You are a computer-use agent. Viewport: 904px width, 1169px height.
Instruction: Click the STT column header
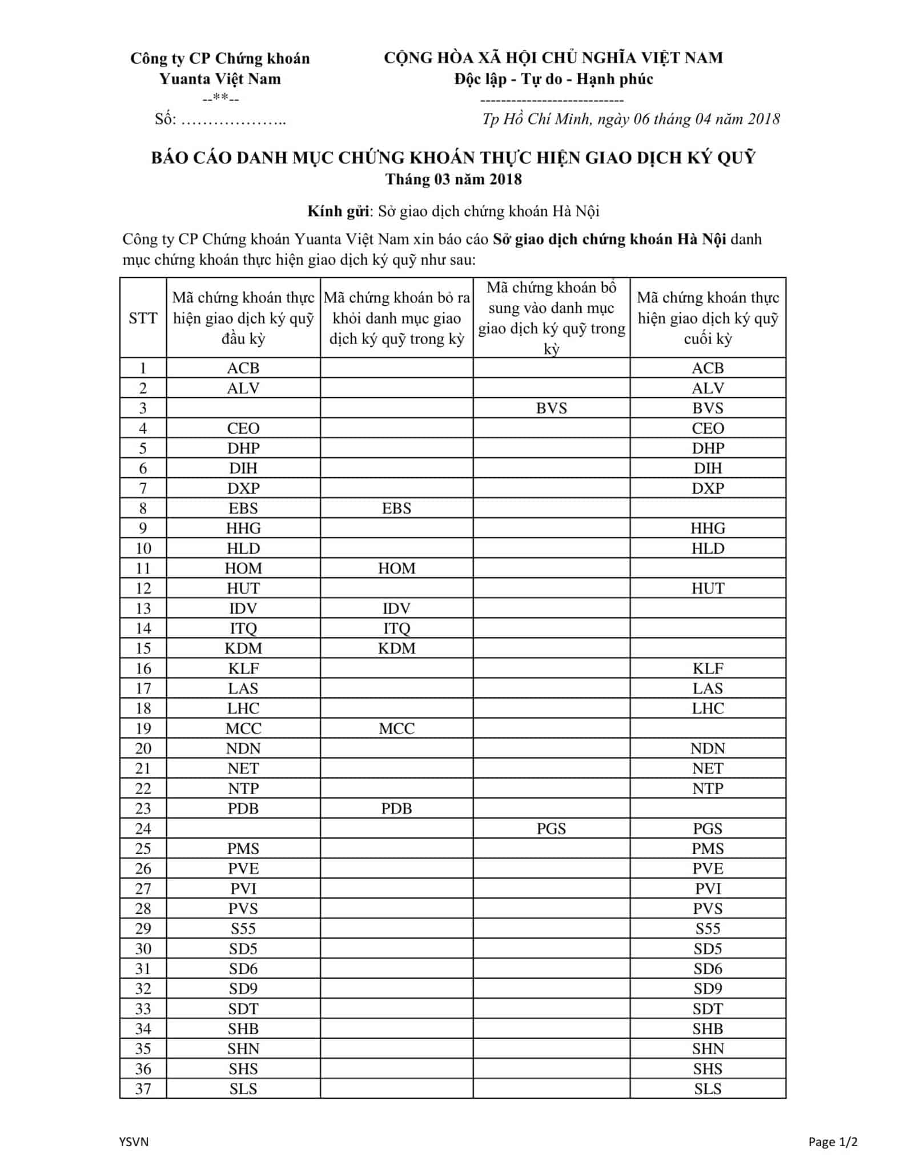pos(143,318)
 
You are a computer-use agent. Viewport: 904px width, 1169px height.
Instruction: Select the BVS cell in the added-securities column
pos(551,408)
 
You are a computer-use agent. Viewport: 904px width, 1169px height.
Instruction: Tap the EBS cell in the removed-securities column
pos(396,508)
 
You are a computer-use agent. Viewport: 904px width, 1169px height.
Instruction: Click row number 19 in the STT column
pos(143,728)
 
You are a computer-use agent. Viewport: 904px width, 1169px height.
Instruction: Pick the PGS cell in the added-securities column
pos(551,828)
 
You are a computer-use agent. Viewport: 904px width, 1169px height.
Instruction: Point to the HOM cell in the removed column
pos(396,568)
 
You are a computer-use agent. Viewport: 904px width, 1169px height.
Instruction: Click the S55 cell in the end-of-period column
pos(708,929)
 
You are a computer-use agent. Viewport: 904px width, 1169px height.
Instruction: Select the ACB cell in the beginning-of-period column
pos(243,368)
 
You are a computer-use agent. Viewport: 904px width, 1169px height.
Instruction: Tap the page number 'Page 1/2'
pos(833,1142)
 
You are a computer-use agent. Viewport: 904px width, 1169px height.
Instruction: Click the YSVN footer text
pos(134,1142)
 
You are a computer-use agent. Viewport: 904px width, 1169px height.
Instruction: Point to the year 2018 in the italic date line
pos(764,119)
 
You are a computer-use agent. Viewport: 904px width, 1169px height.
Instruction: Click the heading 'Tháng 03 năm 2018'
pos(453,179)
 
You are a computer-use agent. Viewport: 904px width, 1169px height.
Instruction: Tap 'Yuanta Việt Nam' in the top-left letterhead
pos(220,79)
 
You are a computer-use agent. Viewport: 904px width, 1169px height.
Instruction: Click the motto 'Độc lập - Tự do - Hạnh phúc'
pos(553,79)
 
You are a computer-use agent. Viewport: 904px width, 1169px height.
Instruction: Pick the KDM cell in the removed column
pos(396,648)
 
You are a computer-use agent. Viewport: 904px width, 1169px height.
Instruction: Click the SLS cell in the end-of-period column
pos(708,1089)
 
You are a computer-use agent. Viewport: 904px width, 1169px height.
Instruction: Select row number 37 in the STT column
pos(143,1089)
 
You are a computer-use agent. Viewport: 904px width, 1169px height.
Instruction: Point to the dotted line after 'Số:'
pos(233,120)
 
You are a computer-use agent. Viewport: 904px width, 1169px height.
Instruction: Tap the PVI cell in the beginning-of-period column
pos(243,889)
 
